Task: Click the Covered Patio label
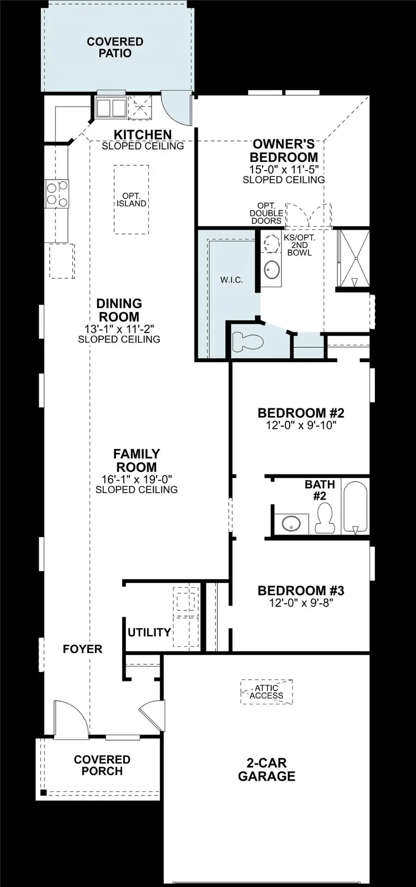[115, 48]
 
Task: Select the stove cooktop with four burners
[57, 193]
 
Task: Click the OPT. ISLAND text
[131, 200]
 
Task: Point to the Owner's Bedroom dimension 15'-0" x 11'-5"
[283, 169]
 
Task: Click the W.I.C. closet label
[232, 280]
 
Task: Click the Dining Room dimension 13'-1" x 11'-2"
[119, 328]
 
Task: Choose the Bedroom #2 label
[301, 413]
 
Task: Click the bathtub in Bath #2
[355, 507]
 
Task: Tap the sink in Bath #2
[292, 523]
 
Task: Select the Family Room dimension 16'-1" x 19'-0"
[136, 479]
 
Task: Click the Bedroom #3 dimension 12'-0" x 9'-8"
[301, 603]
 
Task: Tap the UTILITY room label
[149, 632]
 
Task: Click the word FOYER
[82, 649]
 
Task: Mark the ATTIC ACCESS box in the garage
[267, 692]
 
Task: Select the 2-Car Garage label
[266, 770]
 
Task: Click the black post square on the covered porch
[43, 793]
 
